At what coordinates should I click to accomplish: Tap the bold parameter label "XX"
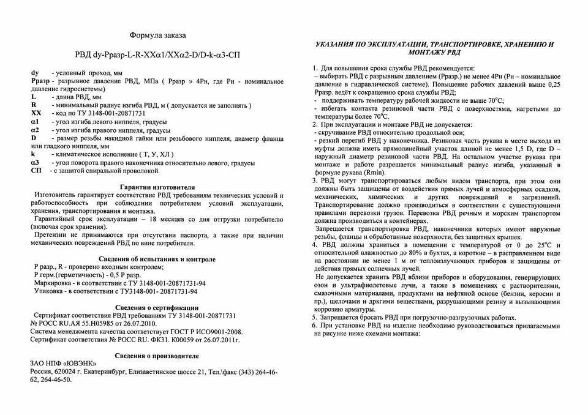pos(36,113)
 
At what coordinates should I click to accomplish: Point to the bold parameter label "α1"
pos(36,122)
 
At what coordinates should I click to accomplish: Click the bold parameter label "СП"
pos(36,170)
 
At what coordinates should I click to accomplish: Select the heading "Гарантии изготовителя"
pos(157,187)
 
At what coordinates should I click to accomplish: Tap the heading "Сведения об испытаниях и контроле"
pos(158,259)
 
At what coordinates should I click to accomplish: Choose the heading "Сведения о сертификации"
pos(157,307)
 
